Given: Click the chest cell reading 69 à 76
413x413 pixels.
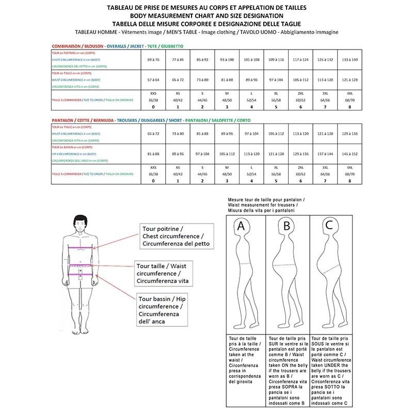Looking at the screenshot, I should pos(153,60).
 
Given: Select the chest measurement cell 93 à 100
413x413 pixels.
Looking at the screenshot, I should pos(227,60).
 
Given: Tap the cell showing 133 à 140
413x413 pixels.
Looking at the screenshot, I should pos(350,60).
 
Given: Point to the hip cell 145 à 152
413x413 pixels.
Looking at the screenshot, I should pos(350,154).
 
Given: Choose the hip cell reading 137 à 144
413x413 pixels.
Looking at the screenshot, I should pos(326,154).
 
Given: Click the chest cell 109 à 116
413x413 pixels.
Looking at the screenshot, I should pos(276,60).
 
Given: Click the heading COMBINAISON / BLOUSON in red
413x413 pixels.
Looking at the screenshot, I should pos(76,46).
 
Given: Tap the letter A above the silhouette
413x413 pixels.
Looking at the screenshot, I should pos(241,226).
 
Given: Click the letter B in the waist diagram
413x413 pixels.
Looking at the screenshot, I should pos(287,226).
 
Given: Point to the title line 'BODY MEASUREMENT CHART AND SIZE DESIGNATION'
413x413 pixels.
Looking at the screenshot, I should pos(206,15).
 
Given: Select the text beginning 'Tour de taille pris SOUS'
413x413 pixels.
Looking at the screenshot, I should pos(330,369).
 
